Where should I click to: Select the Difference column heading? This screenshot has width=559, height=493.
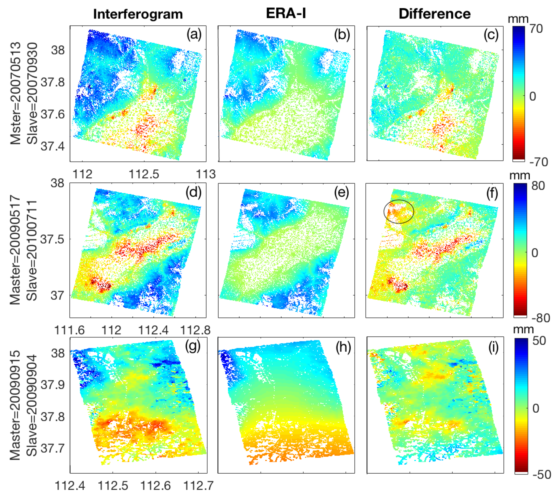[x=435, y=14]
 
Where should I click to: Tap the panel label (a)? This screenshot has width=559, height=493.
[x=194, y=35]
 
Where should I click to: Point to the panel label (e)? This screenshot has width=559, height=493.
[x=342, y=193]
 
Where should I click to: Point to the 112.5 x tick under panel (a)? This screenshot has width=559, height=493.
[x=144, y=174]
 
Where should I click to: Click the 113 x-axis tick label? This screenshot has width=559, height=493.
[x=206, y=174]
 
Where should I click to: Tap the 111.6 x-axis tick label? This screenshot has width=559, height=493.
[x=70, y=330]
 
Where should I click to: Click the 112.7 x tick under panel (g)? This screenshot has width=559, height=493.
[x=198, y=486]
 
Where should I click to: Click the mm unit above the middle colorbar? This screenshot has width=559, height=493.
[x=520, y=175]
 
